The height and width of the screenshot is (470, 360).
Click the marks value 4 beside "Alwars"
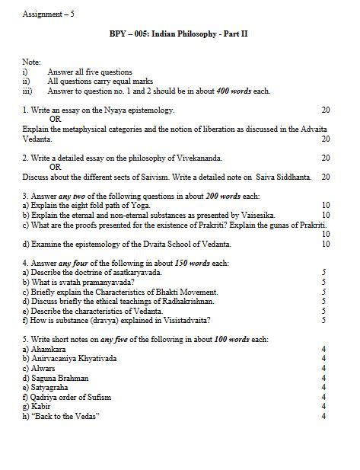(x=323, y=367)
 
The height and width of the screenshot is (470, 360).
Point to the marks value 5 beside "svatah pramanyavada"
(x=323, y=282)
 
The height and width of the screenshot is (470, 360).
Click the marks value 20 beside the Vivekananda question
(x=325, y=158)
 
